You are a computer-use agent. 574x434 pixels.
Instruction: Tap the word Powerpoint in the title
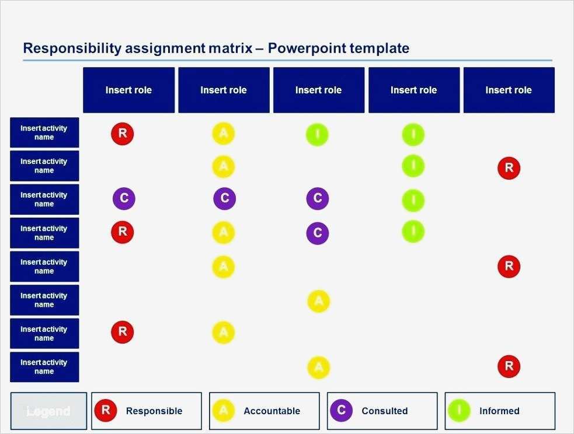pos(307,48)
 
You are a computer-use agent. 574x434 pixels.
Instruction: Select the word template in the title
pos(380,48)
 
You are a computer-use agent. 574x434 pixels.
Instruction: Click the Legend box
pos(48,411)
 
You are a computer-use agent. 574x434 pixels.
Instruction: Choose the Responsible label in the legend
pos(154,411)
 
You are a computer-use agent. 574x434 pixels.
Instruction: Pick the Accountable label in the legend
pos(272,411)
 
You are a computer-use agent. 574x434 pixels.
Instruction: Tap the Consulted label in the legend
pos(384,411)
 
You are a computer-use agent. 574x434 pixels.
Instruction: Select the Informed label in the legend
pos(499,411)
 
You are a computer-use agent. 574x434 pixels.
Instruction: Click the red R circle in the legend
pos(106,410)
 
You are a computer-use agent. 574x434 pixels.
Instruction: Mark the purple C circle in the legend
pos(341,410)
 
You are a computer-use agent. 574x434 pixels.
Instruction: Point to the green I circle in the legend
pos(459,410)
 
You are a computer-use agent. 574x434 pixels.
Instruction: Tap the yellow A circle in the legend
pos(223,410)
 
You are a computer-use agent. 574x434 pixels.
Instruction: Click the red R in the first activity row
pos(123,134)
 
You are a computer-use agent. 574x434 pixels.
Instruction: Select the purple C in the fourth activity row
pos(318,233)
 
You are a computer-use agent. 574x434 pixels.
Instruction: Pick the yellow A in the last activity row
pos(318,367)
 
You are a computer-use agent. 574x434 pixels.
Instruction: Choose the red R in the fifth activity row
pos(509,267)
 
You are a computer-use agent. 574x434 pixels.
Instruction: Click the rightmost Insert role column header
pos(509,90)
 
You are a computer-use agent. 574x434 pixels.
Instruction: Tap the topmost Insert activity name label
pos(44,132)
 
